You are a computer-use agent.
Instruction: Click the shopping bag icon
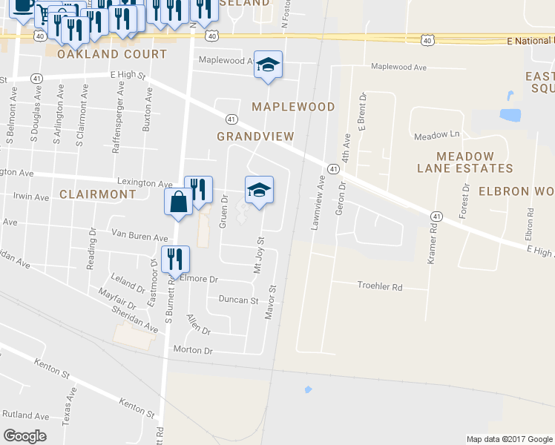coord(179,202)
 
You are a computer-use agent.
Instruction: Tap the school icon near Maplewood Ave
coord(268,65)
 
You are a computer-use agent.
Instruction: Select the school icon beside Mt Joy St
coord(259,190)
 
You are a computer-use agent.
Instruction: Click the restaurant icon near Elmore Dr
coord(176,259)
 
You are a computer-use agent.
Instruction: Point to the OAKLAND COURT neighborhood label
coord(112,54)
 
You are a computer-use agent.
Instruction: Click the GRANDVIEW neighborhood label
coord(255,136)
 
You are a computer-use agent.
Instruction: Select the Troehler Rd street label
coord(379,286)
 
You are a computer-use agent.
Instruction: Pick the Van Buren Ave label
coord(139,237)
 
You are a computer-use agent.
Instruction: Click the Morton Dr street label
coord(193,349)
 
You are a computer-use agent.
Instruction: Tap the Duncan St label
coord(237,300)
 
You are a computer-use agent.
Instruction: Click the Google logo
coord(24,436)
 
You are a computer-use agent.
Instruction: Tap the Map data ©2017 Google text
coord(509,439)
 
